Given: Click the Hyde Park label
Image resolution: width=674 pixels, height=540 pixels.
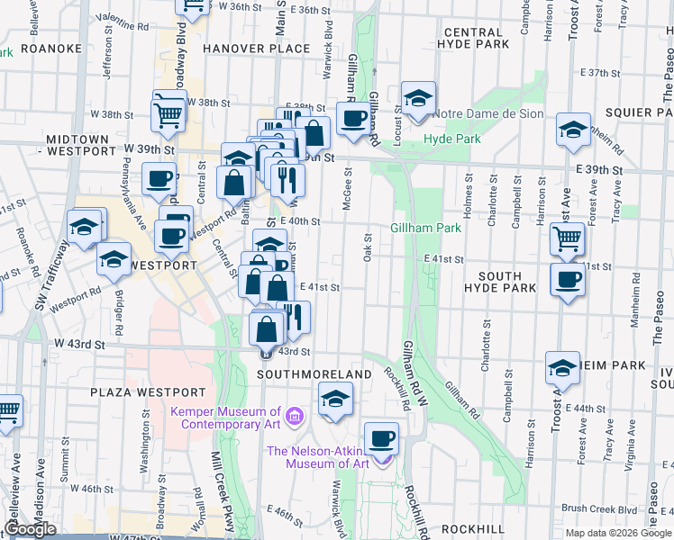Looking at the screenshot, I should click(451, 139).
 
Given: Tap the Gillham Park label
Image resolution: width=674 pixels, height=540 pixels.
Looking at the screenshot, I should click(426, 229).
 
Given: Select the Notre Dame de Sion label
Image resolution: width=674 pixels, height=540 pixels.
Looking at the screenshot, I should click(487, 114).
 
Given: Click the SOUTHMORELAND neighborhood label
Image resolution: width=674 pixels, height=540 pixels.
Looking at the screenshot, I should click(314, 373).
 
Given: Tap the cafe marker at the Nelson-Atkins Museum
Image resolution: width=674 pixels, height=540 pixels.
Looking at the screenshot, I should click(382, 438).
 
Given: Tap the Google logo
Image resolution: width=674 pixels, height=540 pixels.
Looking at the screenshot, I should click(30, 529).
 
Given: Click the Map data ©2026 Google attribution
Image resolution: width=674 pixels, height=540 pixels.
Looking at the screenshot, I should click(618, 533).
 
